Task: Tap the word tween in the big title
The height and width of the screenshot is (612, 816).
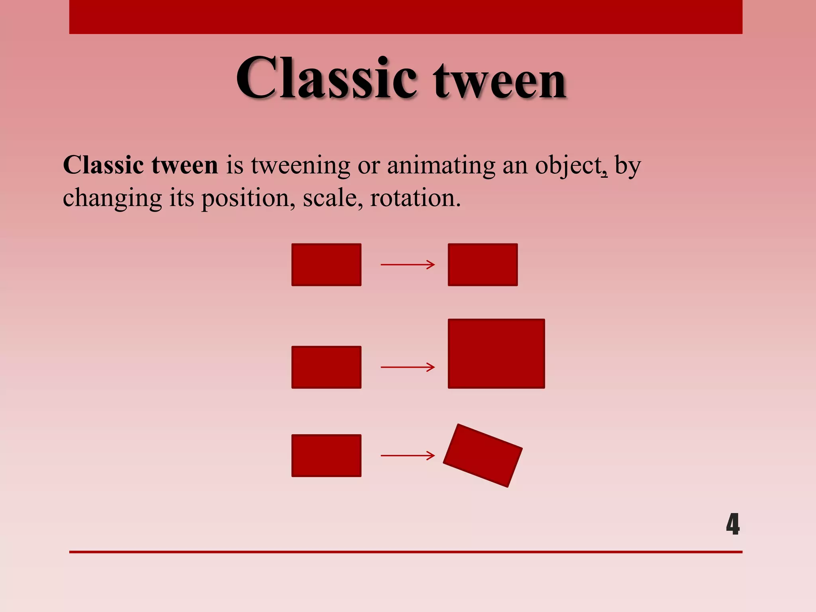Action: click(x=500, y=82)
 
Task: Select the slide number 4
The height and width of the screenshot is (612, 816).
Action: click(x=732, y=524)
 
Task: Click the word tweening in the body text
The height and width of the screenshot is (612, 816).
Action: click(x=300, y=165)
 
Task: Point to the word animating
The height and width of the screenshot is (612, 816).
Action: click(x=441, y=166)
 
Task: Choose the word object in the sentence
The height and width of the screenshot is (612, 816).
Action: click(x=569, y=166)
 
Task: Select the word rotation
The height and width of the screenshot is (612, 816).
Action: click(x=415, y=198)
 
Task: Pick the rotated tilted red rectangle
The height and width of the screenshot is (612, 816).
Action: click(x=483, y=455)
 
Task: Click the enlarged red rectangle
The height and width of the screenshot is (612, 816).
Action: click(x=496, y=353)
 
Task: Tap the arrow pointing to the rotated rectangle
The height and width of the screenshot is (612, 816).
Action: click(x=408, y=455)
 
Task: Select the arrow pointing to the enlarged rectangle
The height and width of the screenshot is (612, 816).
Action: click(x=408, y=367)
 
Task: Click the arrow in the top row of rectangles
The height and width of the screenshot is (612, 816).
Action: click(x=408, y=265)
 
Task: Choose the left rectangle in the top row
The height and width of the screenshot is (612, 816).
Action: click(x=326, y=265)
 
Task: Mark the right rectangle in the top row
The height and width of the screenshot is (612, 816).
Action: click(x=483, y=265)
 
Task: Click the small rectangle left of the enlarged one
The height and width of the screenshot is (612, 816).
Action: click(x=326, y=367)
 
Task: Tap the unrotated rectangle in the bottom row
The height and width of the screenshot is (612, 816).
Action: click(x=326, y=455)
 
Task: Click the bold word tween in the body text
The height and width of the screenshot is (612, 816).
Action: click(x=184, y=165)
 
